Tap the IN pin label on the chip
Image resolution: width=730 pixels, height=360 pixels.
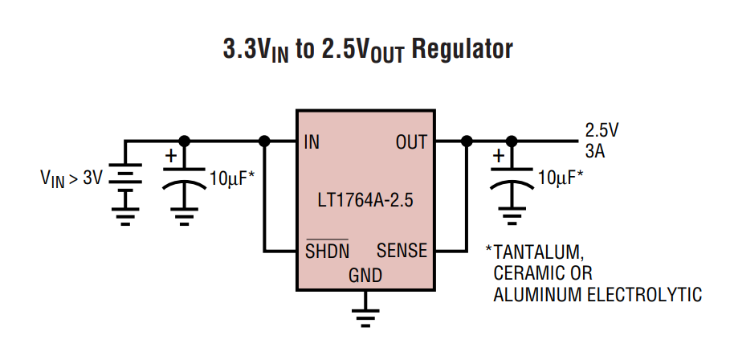click(x=312, y=143)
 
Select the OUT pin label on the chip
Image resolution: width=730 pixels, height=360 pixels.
click(x=411, y=143)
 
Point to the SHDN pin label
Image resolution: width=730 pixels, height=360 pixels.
click(x=327, y=251)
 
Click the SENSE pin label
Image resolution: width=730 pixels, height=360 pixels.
click(x=402, y=251)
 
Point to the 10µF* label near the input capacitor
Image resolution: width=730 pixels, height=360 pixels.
click(x=232, y=178)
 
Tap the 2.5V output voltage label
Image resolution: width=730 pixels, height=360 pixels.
click(x=602, y=130)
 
